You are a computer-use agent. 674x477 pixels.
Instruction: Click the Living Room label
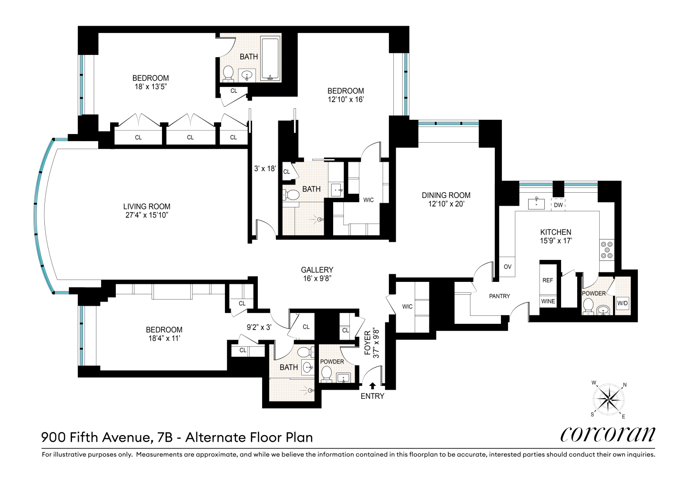147,207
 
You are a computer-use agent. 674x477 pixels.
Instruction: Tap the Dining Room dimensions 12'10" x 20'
446,204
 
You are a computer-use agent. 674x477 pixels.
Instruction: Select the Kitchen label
556,232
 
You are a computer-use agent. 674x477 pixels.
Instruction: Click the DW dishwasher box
558,205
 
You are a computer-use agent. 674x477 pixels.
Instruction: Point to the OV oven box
507,267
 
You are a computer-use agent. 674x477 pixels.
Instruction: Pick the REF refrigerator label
548,280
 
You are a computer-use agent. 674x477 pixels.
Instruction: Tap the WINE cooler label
548,301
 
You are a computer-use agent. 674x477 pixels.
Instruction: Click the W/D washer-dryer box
623,303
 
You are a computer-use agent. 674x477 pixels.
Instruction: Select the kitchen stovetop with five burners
607,250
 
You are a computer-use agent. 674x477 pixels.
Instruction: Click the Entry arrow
372,386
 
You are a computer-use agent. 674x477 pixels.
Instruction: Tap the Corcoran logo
607,434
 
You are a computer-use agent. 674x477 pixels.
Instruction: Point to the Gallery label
317,270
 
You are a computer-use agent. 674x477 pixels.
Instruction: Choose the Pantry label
500,296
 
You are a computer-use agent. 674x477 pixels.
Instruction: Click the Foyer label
368,343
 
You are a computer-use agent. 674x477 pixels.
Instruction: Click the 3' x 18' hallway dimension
265,169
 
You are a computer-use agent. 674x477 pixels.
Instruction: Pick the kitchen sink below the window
537,204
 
